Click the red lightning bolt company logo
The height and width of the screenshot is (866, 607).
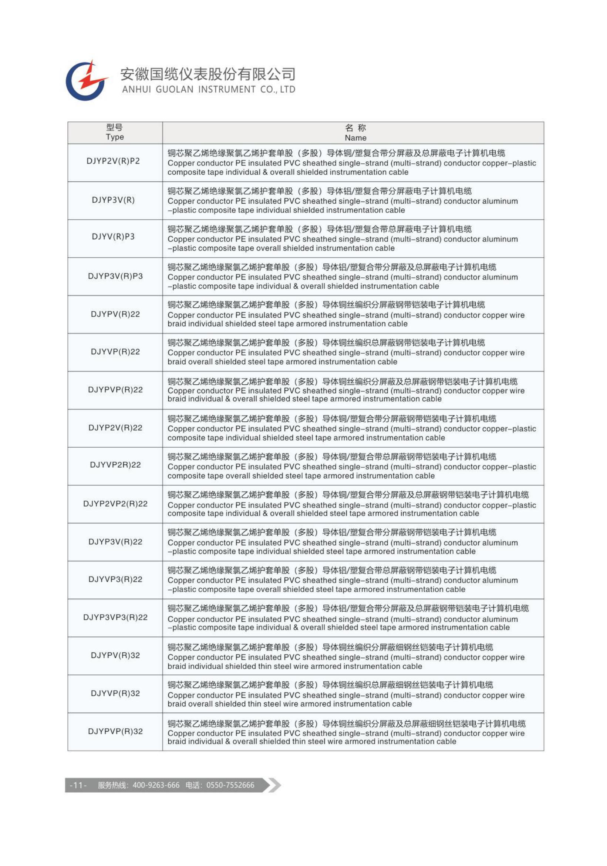click(87, 80)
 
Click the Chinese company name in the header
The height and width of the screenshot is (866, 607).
click(208, 74)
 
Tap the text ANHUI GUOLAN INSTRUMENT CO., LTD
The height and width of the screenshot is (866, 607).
click(208, 89)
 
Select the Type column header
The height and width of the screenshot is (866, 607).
click(115, 133)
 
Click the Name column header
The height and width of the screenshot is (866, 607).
click(355, 133)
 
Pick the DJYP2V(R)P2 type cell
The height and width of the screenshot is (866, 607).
click(113, 161)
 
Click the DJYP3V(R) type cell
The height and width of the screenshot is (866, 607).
click(113, 200)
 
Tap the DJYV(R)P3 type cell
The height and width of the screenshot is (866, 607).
click(113, 237)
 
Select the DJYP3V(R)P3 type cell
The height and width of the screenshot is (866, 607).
click(115, 276)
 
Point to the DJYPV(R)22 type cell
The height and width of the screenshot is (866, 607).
click(115, 314)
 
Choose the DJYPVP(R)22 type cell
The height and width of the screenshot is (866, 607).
click(115, 389)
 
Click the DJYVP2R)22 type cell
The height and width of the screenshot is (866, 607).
click(115, 465)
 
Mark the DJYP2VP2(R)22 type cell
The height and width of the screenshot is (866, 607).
click(115, 504)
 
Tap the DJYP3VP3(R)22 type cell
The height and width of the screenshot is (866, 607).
click(115, 617)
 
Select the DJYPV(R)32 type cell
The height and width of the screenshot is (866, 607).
click(115, 655)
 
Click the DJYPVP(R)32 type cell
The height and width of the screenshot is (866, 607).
click(115, 731)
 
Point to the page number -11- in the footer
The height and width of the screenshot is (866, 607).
click(78, 785)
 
